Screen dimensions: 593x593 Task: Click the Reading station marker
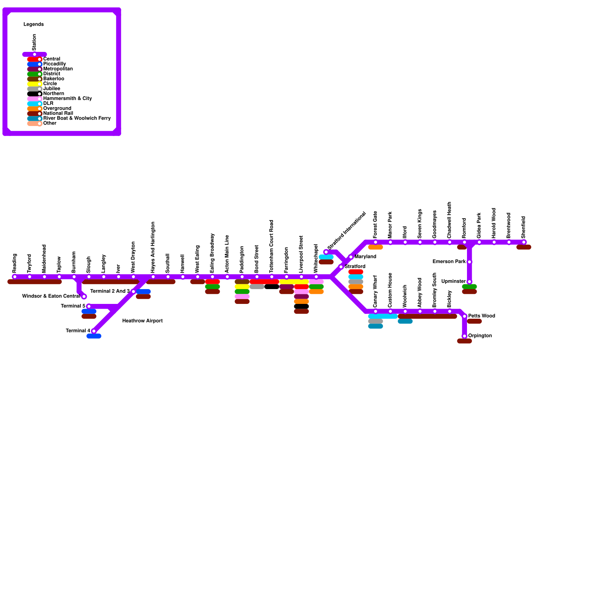[x=15, y=276]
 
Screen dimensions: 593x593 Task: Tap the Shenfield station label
[x=523, y=227]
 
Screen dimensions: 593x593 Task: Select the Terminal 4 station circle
[x=94, y=331]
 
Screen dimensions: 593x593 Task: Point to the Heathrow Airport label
[x=142, y=321]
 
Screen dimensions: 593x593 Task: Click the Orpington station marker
[x=464, y=336]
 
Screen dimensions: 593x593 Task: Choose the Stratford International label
[x=347, y=230]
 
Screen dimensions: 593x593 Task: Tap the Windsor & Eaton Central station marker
[x=84, y=296]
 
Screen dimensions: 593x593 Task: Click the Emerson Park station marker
[x=470, y=262]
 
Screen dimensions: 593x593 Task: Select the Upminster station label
[x=453, y=282]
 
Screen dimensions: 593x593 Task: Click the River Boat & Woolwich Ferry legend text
[x=77, y=119]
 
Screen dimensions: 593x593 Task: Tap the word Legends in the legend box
[x=34, y=24]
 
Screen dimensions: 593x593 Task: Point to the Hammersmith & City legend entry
[x=67, y=99]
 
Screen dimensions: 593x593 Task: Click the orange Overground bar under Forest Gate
[x=375, y=247]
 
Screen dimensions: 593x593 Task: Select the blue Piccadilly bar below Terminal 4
[x=94, y=336]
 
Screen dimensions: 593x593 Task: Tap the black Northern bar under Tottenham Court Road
[x=272, y=286]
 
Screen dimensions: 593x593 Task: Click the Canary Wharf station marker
[x=375, y=311]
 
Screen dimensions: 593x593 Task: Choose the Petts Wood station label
[x=481, y=316]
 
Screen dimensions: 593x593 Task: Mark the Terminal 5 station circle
[x=89, y=306]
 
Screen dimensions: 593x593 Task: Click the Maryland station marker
[x=351, y=257]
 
